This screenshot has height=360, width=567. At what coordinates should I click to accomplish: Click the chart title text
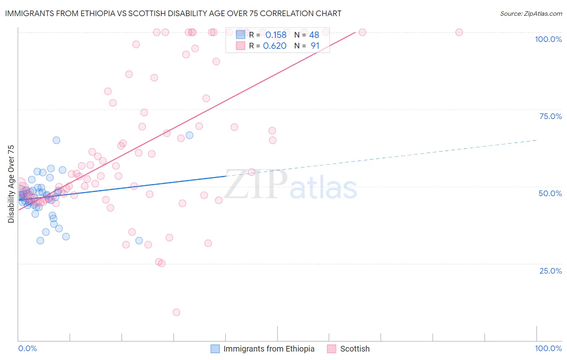[173, 13]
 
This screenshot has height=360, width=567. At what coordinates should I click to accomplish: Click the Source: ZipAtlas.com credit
[531, 13]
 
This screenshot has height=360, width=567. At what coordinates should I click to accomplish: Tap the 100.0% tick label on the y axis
[548, 39]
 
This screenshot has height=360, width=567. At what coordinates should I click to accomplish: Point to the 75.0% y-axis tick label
[550, 116]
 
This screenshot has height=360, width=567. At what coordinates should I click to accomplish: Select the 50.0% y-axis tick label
[550, 193]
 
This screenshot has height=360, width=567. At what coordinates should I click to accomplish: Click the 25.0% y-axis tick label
[550, 270]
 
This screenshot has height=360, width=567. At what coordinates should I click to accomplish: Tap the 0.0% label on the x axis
[27, 348]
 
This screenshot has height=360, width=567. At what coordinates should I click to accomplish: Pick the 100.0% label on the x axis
[548, 348]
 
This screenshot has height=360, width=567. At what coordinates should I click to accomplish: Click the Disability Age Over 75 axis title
[11, 184]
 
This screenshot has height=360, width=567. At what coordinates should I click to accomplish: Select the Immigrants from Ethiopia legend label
[269, 349]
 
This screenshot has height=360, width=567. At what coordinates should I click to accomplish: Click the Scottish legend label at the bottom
[354, 349]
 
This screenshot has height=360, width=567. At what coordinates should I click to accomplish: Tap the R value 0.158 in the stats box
[276, 35]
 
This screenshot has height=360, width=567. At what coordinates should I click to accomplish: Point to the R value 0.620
[275, 46]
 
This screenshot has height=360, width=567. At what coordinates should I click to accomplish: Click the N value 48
[314, 35]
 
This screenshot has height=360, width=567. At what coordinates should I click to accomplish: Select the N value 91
[315, 46]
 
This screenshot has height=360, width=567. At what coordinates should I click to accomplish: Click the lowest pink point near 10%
[176, 312]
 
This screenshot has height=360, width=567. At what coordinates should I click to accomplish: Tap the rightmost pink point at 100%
[459, 32]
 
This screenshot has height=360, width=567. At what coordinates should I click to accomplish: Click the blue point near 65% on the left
[56, 140]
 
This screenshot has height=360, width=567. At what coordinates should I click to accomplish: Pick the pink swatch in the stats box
[240, 46]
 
